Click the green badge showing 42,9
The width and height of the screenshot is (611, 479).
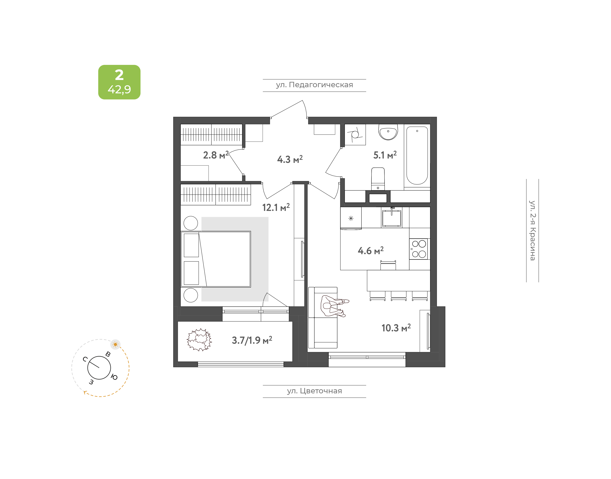tap(119, 82)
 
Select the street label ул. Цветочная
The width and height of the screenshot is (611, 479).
tap(314, 391)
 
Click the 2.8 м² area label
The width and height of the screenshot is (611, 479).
tap(216, 155)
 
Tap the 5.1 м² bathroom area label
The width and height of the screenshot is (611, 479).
tap(385, 155)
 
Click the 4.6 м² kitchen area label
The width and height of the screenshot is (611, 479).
tap(371, 250)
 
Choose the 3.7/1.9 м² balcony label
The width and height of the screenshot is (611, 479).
tap(252, 340)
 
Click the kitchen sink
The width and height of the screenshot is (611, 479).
tap(392, 218)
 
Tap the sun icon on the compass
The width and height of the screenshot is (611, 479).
tap(115, 344)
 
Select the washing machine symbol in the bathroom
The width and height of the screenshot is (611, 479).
tap(355, 135)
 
